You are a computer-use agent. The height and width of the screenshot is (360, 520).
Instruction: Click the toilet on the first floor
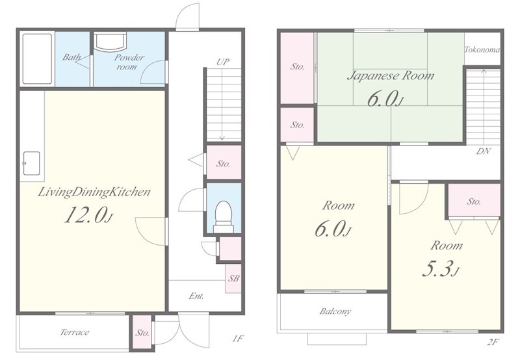(x=223, y=217)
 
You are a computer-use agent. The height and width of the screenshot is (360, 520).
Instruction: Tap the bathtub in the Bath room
(x=37, y=58)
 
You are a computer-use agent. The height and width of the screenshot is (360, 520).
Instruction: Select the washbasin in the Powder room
(x=110, y=41)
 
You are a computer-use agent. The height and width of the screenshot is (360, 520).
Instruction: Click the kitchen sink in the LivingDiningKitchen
(x=31, y=163)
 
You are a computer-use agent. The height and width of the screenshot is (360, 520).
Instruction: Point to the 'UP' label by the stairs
(x=223, y=62)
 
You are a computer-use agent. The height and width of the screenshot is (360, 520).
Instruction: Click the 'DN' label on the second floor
(x=484, y=151)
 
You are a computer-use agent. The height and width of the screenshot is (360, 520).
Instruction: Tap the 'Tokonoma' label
(x=482, y=50)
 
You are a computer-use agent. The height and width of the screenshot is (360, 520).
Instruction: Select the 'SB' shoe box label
(x=233, y=278)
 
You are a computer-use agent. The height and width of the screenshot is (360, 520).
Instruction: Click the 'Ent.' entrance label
(x=196, y=296)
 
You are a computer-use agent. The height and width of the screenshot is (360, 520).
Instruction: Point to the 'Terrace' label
(x=75, y=332)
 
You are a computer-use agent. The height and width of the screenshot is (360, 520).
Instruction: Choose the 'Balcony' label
(x=335, y=311)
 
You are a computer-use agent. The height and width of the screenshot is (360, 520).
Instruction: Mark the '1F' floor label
(x=238, y=339)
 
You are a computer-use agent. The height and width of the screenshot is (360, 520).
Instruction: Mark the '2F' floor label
(x=493, y=342)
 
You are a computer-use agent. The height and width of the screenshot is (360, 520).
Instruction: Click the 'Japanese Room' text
(x=391, y=76)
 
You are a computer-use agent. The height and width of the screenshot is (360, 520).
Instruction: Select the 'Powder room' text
(x=129, y=62)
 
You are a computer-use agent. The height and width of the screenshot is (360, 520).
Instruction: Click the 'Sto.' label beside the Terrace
(x=142, y=333)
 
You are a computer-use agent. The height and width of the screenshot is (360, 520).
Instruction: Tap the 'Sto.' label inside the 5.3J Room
(x=474, y=201)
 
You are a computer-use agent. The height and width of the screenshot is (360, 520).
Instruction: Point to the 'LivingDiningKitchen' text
(x=94, y=192)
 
